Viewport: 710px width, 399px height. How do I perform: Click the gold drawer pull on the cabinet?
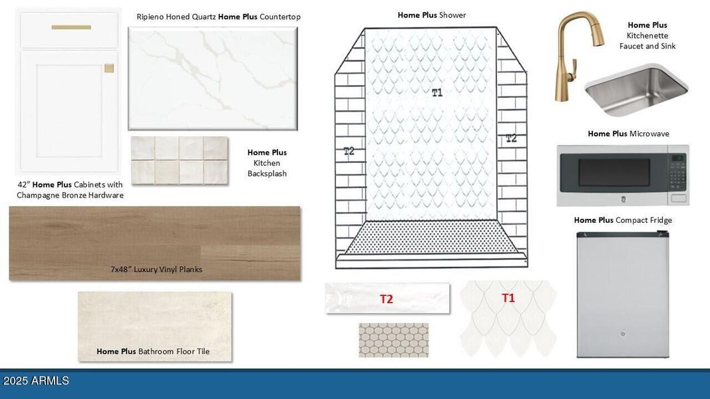(x=71, y=27)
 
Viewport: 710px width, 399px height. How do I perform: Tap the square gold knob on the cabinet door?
(x=109, y=68)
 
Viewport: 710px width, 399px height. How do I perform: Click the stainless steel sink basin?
(x=636, y=91)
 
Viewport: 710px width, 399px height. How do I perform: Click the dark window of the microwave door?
(x=614, y=172)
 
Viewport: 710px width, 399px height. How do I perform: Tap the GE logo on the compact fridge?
(x=623, y=334)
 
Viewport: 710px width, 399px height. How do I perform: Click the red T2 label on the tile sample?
(x=386, y=299)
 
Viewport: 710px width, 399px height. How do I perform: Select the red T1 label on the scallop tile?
(x=508, y=298)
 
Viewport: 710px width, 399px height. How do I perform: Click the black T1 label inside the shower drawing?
(x=437, y=92)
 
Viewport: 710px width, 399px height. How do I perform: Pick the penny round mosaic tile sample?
(x=393, y=340)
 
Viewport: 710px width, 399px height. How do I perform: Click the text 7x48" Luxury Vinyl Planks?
(x=156, y=269)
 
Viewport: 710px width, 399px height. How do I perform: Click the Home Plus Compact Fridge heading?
(x=623, y=220)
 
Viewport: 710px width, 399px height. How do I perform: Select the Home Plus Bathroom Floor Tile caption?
(x=153, y=351)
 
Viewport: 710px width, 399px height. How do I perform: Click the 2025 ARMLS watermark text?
(x=36, y=381)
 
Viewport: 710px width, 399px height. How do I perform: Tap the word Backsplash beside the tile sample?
(x=267, y=174)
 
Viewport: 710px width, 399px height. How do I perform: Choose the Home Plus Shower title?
(x=432, y=15)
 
